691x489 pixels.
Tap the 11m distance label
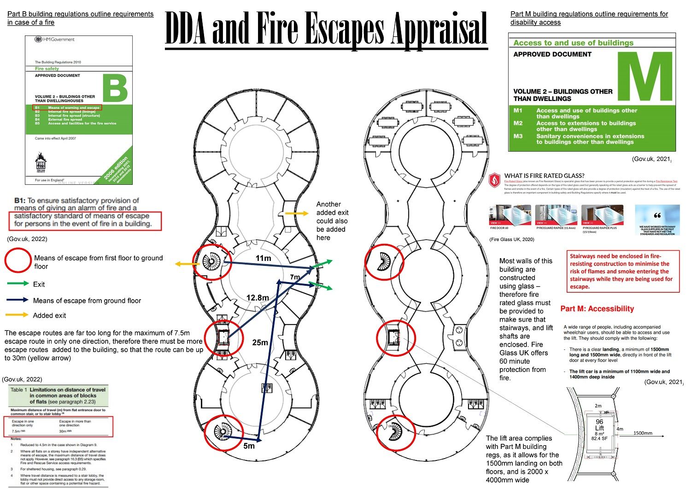pyautogui.click(x=263, y=258)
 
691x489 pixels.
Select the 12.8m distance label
pyautogui.click(x=257, y=298)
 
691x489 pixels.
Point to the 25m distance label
pyautogui.click(x=260, y=342)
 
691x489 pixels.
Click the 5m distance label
pyautogui.click(x=249, y=446)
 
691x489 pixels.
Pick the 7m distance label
pyautogui.click(x=294, y=277)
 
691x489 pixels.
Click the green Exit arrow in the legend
pyautogui.click(x=18, y=284)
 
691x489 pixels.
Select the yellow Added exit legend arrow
pyautogui.click(x=18, y=315)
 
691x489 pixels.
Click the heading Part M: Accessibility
pyautogui.click(x=597, y=309)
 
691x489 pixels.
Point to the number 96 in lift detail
pyautogui.click(x=599, y=422)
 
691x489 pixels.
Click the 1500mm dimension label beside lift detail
pyautogui.click(x=643, y=433)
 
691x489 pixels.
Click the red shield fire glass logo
pyautogui.click(x=495, y=179)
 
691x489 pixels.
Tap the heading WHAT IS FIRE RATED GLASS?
pyautogui.click(x=544, y=176)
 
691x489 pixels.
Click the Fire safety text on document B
pyautogui.click(x=47, y=69)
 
